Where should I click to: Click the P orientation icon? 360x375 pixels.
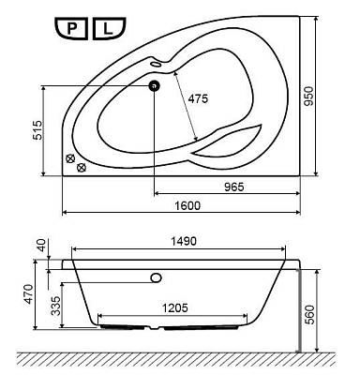pyautogui.click(x=71, y=29)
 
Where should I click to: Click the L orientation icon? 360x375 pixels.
pyautogui.click(x=109, y=29)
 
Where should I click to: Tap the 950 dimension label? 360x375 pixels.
pyautogui.click(x=308, y=96)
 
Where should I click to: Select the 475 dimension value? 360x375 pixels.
pyautogui.click(x=198, y=98)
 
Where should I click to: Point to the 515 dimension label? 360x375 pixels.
pyautogui.click(x=37, y=130)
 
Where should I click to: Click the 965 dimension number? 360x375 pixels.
pyautogui.click(x=234, y=187)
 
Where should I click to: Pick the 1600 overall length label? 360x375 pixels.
pyautogui.click(x=187, y=205)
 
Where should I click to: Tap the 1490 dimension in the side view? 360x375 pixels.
pyautogui.click(x=184, y=241)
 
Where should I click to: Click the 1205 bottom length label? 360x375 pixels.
pyautogui.click(x=175, y=308)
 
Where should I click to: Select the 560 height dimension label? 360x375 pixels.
pyautogui.click(x=309, y=315)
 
